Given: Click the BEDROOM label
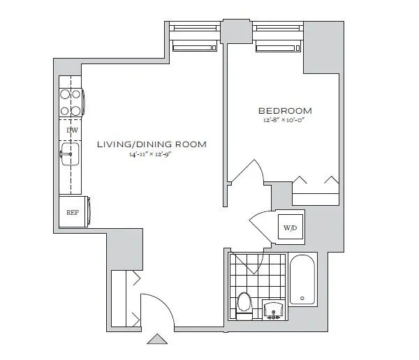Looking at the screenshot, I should (285, 111).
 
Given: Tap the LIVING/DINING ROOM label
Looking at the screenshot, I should (153, 144).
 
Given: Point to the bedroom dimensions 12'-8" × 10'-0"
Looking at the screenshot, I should (285, 121).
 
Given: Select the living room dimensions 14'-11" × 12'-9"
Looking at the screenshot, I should (153, 154).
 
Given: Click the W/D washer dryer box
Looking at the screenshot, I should (290, 227).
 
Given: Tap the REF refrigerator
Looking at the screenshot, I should (71, 213).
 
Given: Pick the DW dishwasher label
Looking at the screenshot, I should (71, 130).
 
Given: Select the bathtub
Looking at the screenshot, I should (302, 280).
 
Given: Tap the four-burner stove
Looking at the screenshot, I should (71, 102).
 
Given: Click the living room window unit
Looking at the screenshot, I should (196, 38).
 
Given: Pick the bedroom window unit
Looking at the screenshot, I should (278, 38).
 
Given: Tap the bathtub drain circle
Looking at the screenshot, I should (302, 298).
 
